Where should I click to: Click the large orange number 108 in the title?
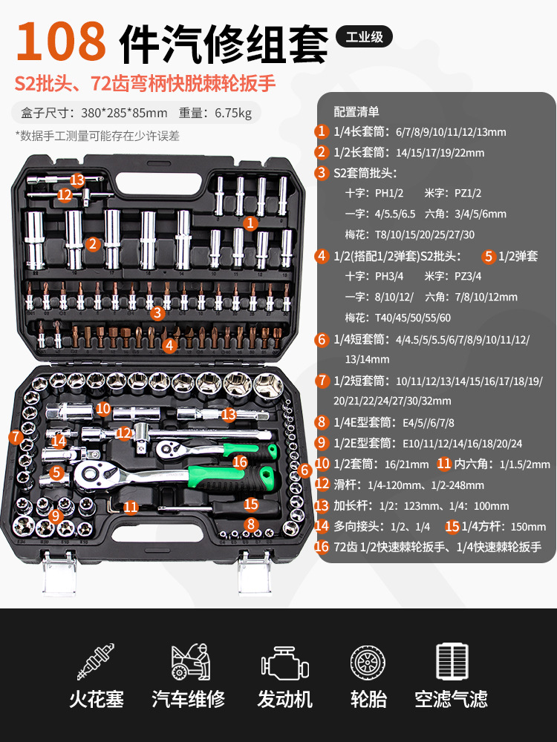coord(61,42)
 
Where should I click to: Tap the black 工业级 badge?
coord(364,36)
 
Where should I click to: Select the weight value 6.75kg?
coord(233,113)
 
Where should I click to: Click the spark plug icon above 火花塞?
coord(96,661)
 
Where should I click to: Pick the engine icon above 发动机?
coord(284,663)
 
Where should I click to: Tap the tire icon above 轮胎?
coord(368,663)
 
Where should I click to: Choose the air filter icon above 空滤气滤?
coord(452,661)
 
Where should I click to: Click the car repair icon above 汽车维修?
coord(190,661)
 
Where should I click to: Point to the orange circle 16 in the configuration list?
coord(322,547)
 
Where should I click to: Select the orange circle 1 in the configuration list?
coord(322,131)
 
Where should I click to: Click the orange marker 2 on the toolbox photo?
coord(93,243)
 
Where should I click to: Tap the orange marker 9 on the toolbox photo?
coord(56,516)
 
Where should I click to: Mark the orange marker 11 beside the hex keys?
coord(131,508)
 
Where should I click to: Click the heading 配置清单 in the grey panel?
coord(356,112)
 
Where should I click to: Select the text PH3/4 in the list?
coord(389,276)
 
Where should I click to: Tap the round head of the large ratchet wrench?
coord(93,473)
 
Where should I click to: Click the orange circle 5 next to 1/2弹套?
coord(489,257)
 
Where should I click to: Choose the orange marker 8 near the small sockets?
coord(251,524)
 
